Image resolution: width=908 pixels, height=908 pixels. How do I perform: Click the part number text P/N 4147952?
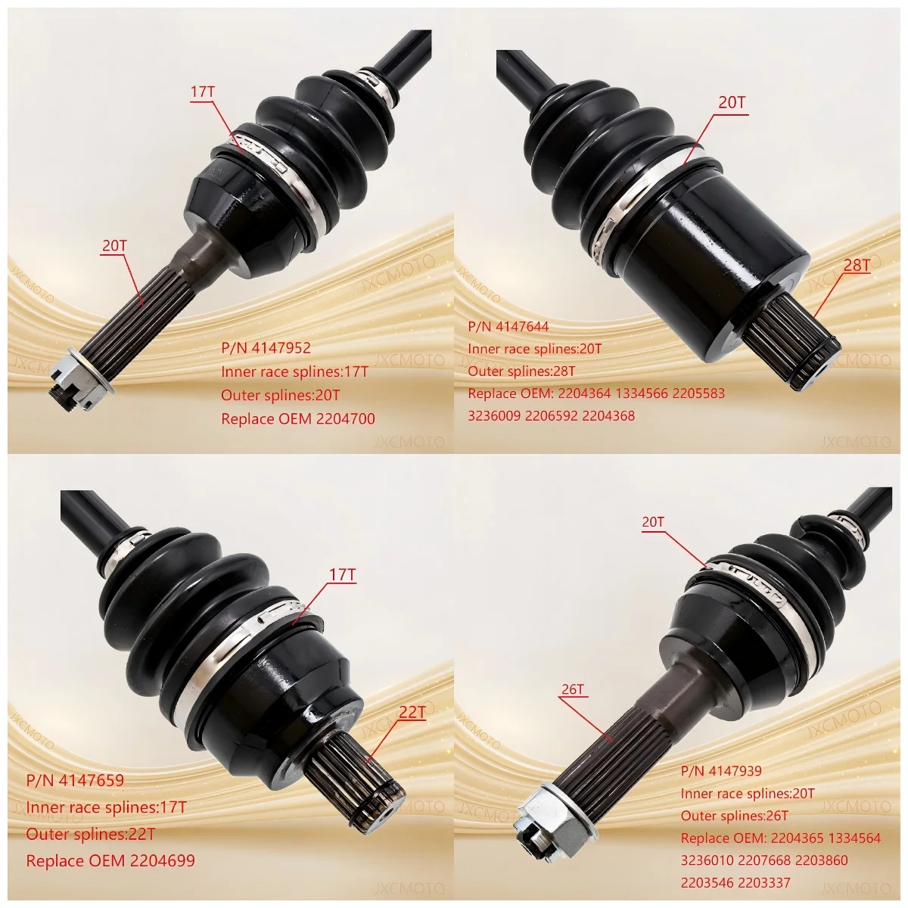click(x=266, y=348)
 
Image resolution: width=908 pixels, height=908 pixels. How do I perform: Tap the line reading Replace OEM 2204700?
click(x=297, y=418)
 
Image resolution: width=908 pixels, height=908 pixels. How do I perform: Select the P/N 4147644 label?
click(x=508, y=327)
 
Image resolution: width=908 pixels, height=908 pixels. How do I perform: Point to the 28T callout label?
click(x=857, y=265)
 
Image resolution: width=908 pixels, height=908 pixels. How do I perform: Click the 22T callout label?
click(x=412, y=712)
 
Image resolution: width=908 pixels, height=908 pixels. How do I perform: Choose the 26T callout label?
click(x=573, y=689)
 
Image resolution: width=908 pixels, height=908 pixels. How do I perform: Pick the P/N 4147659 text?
click(x=75, y=780)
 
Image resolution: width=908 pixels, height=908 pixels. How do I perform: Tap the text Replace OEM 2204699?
click(x=110, y=860)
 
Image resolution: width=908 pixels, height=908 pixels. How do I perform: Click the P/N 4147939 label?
click(x=721, y=771)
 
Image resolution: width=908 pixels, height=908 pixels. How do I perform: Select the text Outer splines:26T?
click(x=734, y=816)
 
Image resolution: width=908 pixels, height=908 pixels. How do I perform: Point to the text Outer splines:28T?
click(x=521, y=371)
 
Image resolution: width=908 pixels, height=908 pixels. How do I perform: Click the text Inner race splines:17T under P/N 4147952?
click(x=294, y=372)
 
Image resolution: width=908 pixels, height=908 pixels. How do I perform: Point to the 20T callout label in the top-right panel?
click(x=732, y=102)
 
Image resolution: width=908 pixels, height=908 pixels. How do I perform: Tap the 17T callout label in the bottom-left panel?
click(x=342, y=575)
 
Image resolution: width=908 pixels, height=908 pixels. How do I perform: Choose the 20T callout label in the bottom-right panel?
click(x=652, y=522)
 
